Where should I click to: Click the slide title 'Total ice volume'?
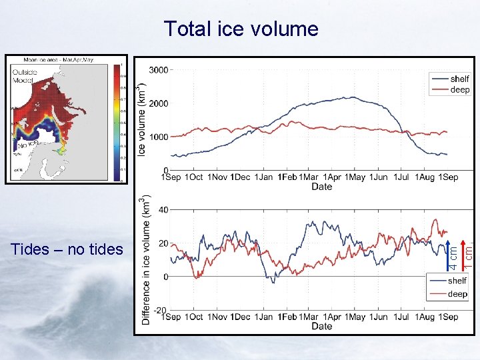tap(241, 29)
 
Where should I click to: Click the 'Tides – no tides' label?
tap(67, 249)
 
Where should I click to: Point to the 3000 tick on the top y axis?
tap(158, 69)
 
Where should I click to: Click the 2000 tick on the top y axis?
tap(158, 103)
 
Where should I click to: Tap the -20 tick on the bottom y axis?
tap(161, 310)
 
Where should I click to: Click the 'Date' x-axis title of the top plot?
tap(321, 187)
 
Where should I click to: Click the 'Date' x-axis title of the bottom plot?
tap(321, 326)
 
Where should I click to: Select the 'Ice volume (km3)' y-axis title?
tap(142, 120)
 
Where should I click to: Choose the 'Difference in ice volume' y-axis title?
tap(146, 260)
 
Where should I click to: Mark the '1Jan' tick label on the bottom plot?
tap(263, 317)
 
